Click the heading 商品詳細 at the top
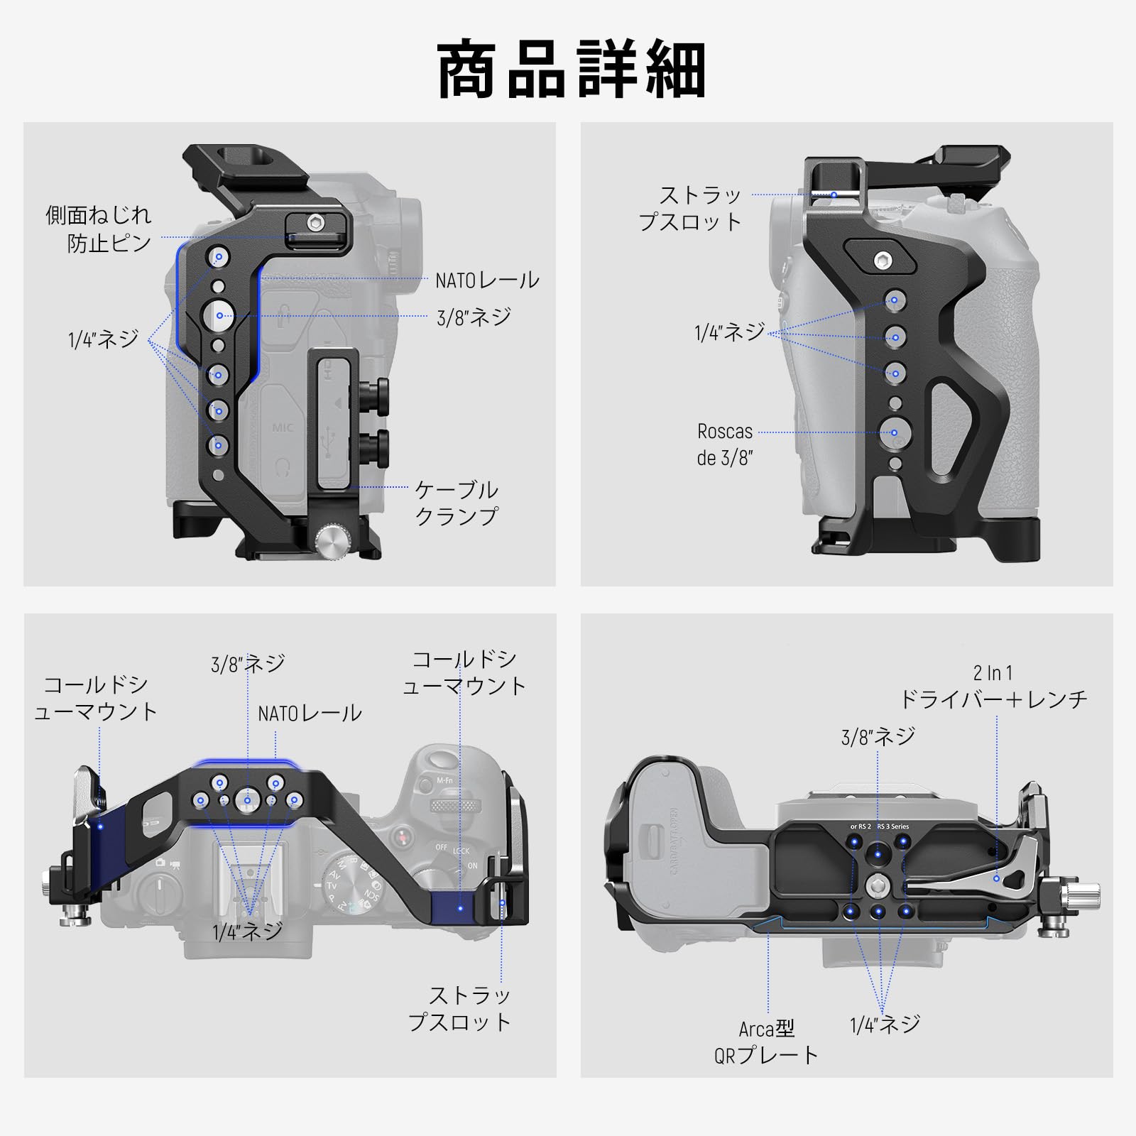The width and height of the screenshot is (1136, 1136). point(572,70)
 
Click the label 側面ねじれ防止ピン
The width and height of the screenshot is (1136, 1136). point(99,229)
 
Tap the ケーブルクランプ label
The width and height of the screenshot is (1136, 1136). point(457,503)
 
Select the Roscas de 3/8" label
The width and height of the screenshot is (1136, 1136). point(724,444)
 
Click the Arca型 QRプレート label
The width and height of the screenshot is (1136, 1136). point(766,1041)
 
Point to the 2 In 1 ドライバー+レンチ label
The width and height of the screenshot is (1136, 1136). point(993,687)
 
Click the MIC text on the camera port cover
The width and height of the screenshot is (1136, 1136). point(283,428)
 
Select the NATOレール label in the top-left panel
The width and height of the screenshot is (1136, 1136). point(487,280)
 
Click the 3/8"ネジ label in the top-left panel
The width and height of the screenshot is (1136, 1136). point(474,317)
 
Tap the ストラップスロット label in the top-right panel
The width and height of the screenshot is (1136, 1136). point(690,208)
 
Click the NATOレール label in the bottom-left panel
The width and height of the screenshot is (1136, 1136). point(310,713)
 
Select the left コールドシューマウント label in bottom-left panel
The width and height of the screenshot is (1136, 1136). point(96,698)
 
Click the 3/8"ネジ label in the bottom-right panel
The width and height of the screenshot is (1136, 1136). point(878,737)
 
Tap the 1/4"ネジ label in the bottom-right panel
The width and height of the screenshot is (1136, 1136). point(885,1023)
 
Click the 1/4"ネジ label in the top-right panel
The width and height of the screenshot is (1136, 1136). point(730,331)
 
